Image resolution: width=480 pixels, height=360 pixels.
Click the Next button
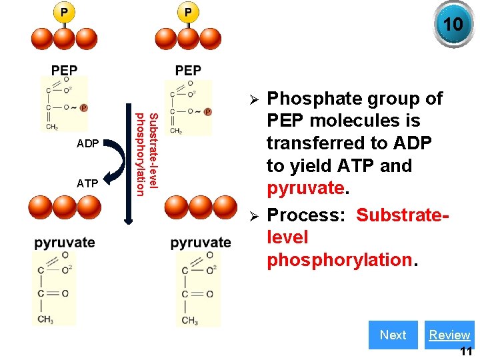coord(393,335)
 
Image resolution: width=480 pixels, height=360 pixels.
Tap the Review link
coord(449,335)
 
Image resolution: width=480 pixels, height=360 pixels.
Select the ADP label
coord(88,143)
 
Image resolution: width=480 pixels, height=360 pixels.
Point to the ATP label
coord(88,183)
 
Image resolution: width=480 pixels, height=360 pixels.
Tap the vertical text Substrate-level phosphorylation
coord(146,155)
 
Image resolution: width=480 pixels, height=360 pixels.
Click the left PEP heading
coord(65,71)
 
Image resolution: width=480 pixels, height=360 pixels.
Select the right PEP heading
coord(188,71)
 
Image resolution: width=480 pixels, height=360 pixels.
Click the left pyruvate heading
coord(65,242)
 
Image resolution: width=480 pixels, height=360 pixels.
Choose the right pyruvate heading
coord(201,243)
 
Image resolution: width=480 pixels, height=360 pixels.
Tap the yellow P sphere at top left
coord(65,12)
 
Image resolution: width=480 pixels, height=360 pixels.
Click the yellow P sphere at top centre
coord(188,12)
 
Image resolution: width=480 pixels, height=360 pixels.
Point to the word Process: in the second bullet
coord(308,215)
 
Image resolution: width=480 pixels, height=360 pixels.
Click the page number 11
coord(466,351)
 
